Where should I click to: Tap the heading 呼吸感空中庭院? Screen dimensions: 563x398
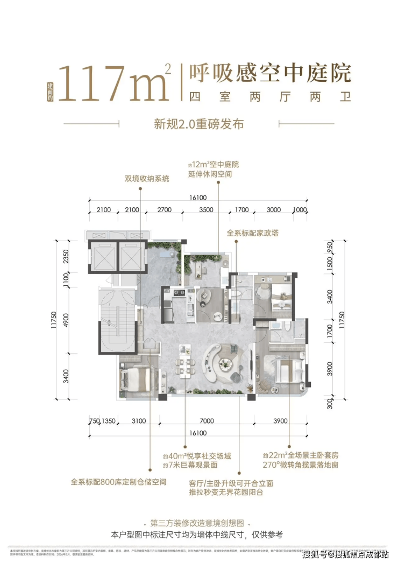tap(267, 73)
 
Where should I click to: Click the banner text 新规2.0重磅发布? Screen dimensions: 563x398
tap(199, 124)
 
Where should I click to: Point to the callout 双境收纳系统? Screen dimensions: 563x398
tap(140, 178)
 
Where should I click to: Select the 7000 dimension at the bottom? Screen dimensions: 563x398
tap(206, 421)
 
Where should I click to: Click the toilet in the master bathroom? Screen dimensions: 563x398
tap(288, 328)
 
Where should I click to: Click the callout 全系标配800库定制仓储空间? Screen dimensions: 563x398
tap(119, 482)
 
